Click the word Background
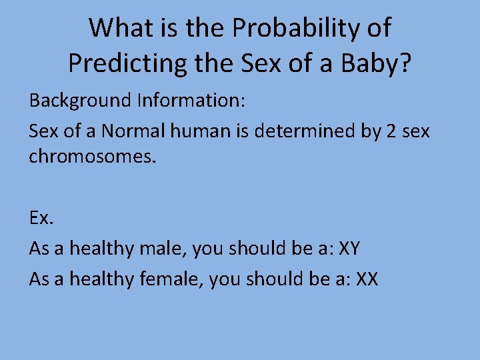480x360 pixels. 80,101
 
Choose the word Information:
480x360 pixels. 192,101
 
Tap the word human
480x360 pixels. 195,131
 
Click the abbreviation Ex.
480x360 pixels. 40,219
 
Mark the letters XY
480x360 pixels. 349,249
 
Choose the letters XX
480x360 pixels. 367,278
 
